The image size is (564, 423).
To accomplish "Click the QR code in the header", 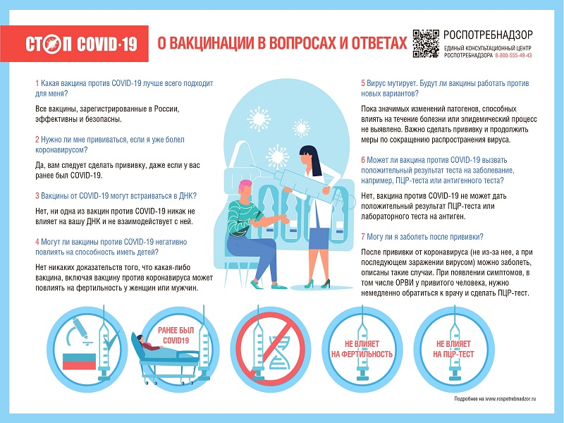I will click(x=424, y=42).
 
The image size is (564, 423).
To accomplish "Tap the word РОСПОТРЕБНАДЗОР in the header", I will click(x=488, y=35).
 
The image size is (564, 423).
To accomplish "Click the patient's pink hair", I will click(x=245, y=187).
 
